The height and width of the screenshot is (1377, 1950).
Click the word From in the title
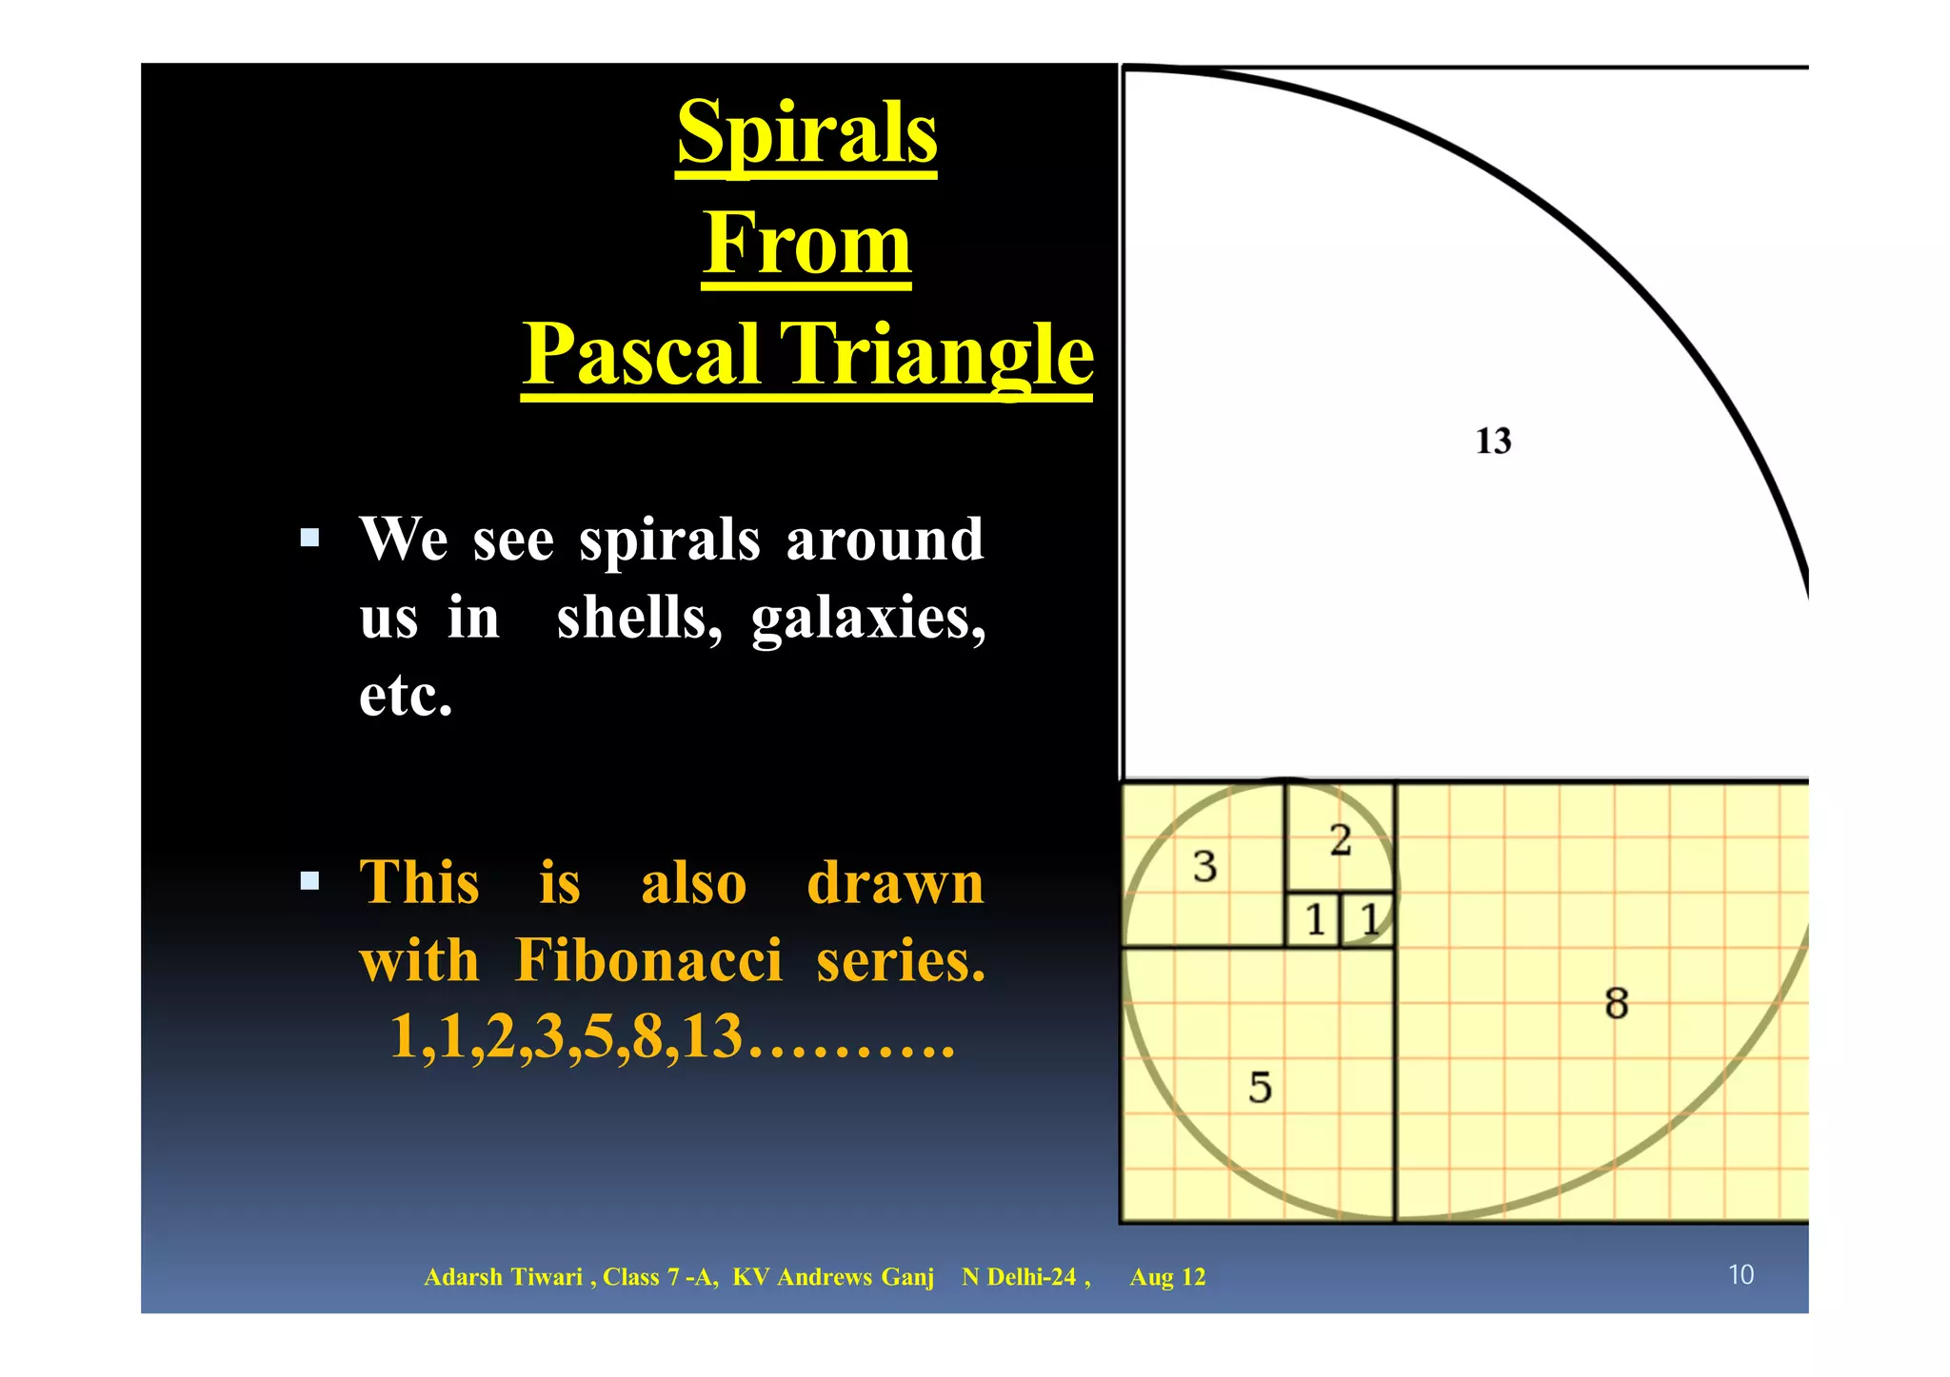(806, 244)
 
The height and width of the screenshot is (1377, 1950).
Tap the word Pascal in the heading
(642, 354)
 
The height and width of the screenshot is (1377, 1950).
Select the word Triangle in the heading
(937, 354)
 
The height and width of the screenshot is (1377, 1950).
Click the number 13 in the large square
(1493, 442)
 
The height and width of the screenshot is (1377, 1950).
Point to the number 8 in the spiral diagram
(1616, 1004)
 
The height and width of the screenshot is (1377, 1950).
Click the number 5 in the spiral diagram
(1260, 1088)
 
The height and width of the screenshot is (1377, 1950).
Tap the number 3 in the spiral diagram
(1204, 867)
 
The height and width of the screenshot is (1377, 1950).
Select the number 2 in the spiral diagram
(1341, 840)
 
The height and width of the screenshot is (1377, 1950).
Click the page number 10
(1741, 1275)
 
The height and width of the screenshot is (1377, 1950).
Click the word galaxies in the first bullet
(867, 619)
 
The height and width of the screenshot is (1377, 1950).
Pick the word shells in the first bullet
(639, 619)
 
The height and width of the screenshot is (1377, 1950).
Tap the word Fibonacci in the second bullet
(648, 960)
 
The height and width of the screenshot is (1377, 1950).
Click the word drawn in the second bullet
(895, 883)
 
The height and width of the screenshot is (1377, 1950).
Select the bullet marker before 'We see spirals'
(309, 539)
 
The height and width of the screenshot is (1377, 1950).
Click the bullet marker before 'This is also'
(309, 880)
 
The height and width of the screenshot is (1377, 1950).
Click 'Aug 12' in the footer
(1167, 1277)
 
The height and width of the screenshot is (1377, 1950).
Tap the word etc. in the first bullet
(406, 696)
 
